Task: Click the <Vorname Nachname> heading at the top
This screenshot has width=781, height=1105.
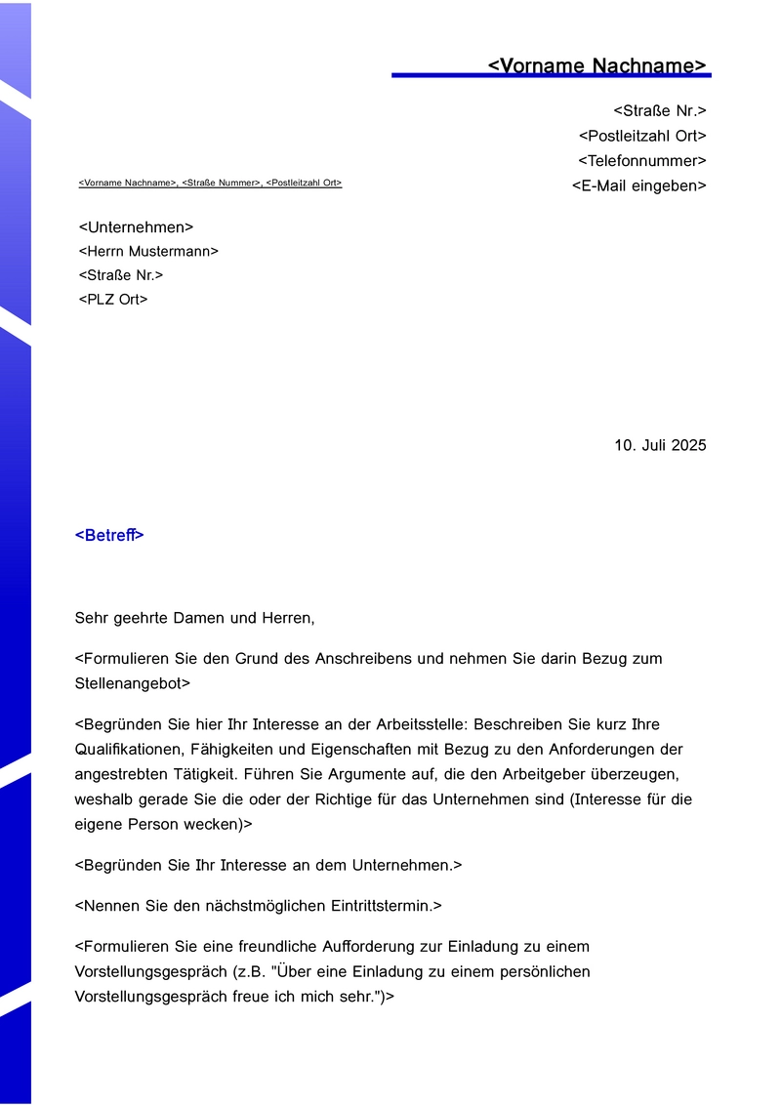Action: click(596, 65)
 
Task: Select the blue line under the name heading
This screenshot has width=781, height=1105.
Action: click(551, 75)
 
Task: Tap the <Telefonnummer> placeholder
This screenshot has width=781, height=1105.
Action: click(641, 161)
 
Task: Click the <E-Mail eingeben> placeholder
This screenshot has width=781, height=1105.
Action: click(638, 185)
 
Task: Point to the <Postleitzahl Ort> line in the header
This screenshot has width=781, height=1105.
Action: click(642, 136)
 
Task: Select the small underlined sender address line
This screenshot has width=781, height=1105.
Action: click(210, 183)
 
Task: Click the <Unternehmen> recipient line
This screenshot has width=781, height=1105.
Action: click(136, 227)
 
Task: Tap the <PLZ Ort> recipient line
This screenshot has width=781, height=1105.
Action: click(113, 300)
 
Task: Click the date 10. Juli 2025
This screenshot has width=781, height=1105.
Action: click(660, 445)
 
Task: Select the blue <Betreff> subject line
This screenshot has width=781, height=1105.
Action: click(109, 535)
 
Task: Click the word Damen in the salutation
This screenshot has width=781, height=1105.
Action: click(200, 618)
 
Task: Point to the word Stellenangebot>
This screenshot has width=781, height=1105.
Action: click(133, 683)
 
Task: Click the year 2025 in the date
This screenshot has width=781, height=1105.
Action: click(687, 445)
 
